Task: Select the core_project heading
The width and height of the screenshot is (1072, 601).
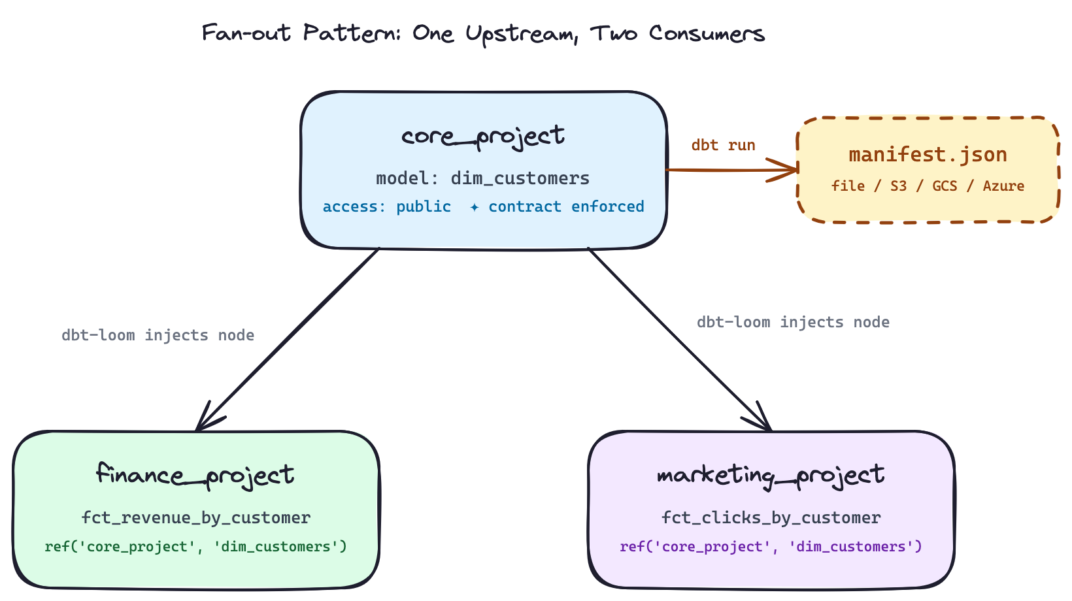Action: tap(483, 136)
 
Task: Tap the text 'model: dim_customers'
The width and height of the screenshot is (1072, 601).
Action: tap(483, 178)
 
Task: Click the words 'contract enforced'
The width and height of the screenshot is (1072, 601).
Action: tap(566, 207)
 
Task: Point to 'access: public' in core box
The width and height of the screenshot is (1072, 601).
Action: tap(387, 207)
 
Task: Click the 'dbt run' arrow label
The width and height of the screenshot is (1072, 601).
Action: tap(724, 145)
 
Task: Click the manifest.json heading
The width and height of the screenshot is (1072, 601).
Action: tap(928, 155)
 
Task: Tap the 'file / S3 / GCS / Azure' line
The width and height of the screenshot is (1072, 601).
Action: tap(928, 186)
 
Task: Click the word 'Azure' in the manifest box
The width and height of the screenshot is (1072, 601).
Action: tap(1003, 186)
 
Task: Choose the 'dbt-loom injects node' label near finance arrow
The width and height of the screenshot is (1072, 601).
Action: tap(158, 335)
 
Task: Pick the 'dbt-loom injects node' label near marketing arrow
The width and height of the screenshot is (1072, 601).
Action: tap(793, 322)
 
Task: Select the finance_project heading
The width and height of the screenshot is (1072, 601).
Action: tap(195, 475)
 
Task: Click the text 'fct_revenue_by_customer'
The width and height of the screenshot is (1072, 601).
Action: tap(195, 518)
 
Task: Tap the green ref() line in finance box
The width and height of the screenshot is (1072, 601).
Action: tap(195, 547)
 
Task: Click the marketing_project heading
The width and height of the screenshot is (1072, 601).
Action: tap(771, 475)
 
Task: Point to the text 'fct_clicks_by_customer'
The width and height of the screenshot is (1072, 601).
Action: tap(771, 518)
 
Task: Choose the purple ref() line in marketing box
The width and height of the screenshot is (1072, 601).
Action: tap(771, 547)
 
